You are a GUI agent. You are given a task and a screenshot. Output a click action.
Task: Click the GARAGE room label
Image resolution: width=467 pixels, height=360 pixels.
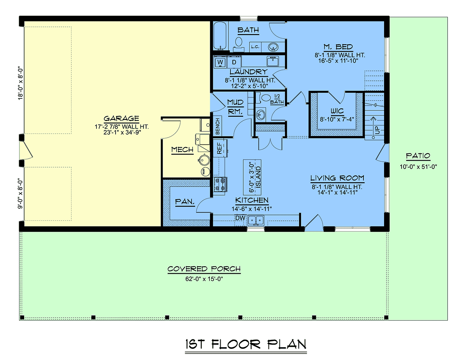(121, 119)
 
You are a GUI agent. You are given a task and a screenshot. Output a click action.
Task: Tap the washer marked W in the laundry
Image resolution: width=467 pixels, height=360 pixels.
(220, 62)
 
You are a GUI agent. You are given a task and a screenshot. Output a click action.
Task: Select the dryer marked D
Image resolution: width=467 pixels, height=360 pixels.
(234, 62)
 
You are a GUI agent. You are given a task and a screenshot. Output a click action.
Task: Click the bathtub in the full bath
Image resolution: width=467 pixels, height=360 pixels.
(220, 36)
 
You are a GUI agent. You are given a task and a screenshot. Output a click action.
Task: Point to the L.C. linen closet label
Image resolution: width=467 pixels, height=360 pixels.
(255, 47)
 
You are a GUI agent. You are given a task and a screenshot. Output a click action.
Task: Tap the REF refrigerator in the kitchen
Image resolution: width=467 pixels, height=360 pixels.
(219, 149)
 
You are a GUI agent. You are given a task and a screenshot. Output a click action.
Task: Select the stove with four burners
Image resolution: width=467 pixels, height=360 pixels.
(220, 184)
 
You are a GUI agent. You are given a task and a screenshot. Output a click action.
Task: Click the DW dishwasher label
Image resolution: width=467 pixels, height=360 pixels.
(240, 218)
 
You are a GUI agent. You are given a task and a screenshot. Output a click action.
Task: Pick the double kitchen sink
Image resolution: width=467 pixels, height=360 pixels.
(256, 220)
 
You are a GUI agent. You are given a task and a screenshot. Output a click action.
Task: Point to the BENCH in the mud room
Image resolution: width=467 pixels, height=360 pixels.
(218, 126)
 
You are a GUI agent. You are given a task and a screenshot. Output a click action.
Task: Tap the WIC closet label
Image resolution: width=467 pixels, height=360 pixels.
(337, 111)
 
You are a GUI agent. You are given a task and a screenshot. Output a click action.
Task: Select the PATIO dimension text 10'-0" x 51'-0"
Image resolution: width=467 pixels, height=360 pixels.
(418, 166)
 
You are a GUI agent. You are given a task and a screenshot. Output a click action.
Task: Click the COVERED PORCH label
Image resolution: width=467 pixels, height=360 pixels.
(204, 269)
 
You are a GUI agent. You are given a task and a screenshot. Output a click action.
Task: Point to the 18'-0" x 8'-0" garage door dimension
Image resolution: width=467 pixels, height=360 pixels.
(20, 84)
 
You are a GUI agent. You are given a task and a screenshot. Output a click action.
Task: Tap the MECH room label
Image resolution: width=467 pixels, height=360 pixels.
(182, 149)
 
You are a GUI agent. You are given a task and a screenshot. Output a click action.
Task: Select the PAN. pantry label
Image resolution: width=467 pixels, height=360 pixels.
(185, 201)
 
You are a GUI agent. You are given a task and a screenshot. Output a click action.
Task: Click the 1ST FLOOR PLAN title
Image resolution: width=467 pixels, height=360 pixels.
(246, 344)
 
